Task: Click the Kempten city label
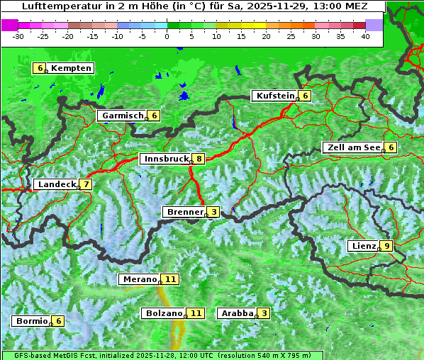click(71, 68)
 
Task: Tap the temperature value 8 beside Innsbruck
click(200, 159)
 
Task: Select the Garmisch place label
click(123, 116)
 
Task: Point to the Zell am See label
click(352, 147)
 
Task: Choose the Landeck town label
click(56, 184)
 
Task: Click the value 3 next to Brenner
click(213, 212)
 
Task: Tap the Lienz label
click(363, 246)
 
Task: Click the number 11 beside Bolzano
click(196, 313)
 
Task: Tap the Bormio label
click(31, 320)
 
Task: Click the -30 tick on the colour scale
click(18, 35)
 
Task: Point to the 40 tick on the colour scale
click(365, 35)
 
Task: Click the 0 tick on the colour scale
click(167, 35)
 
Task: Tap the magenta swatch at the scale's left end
click(9, 25)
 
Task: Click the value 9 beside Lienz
click(385, 246)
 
